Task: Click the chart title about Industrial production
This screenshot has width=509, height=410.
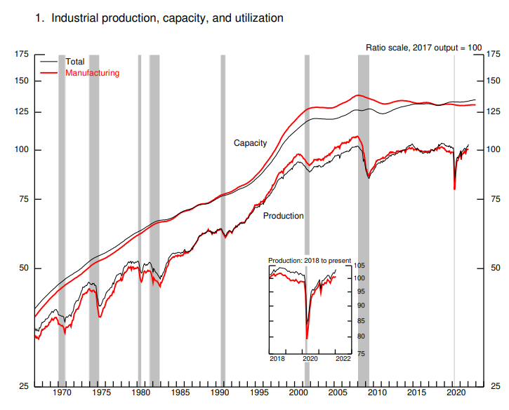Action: click(159, 18)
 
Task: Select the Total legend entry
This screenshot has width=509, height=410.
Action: click(75, 62)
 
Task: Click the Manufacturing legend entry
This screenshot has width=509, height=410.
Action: click(92, 72)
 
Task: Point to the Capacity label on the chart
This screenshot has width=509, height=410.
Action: click(251, 143)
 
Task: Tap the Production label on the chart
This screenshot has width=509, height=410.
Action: click(284, 216)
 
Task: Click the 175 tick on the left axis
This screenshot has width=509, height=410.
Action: click(22, 54)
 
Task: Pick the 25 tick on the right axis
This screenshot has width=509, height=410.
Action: click(495, 386)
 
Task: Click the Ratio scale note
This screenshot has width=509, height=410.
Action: click(424, 47)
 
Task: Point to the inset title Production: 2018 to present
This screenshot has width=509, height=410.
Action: click(310, 260)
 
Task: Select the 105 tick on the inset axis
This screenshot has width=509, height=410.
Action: click(359, 266)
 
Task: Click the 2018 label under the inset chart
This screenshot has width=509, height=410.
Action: click(277, 358)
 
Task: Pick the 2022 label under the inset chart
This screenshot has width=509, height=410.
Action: click(343, 358)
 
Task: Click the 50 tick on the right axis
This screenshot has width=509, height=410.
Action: click(495, 268)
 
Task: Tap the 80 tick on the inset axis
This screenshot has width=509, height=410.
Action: click(358, 336)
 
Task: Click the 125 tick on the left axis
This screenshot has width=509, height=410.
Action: click(22, 112)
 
